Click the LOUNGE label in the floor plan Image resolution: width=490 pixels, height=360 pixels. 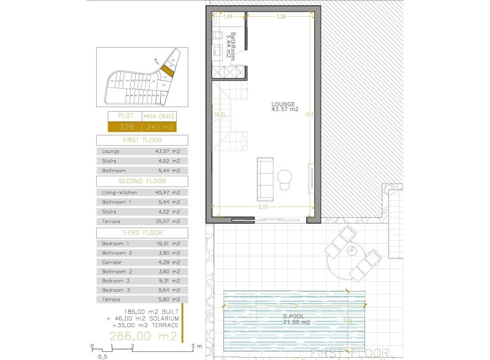point(284,104)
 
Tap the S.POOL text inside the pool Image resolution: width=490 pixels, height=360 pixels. point(293,316)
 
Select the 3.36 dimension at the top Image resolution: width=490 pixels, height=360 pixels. point(281,17)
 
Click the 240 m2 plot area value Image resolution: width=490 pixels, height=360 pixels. point(159,127)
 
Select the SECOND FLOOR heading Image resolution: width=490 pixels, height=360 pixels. point(142,181)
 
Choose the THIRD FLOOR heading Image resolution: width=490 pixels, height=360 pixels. point(142,233)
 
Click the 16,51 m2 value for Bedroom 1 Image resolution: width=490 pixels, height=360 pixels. point(168,244)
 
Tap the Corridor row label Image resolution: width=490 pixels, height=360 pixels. point(112,262)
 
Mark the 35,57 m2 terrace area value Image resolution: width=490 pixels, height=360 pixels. point(168,221)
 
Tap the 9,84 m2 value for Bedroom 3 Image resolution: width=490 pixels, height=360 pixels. point(168,290)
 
